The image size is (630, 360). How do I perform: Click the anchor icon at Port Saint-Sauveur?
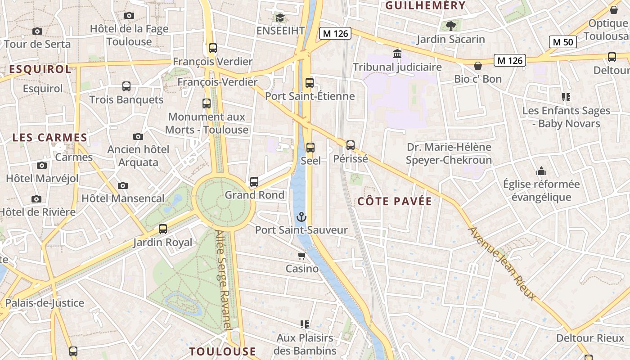301,217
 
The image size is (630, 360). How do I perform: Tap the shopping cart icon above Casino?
301,256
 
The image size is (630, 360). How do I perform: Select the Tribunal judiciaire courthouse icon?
397,54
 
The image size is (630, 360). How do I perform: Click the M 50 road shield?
563,42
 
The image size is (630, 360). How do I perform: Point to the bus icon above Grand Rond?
254,182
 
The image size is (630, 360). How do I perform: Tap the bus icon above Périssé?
351,145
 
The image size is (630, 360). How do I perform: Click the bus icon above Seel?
310,147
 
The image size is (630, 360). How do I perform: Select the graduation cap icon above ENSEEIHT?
280,18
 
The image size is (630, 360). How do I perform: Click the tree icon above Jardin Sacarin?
450,26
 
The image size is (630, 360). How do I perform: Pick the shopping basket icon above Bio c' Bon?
478,66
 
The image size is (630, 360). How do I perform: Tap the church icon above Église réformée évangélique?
541,171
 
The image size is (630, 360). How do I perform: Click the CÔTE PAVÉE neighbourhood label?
395,201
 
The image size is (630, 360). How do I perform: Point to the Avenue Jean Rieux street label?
503,263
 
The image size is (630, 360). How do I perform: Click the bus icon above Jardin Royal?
163,229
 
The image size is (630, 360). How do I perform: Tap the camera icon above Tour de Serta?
37,31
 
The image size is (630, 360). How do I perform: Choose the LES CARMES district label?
49,138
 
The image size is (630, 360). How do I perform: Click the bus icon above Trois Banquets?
126,86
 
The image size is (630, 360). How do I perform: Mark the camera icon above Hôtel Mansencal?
122,185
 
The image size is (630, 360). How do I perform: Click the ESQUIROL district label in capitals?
40,69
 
